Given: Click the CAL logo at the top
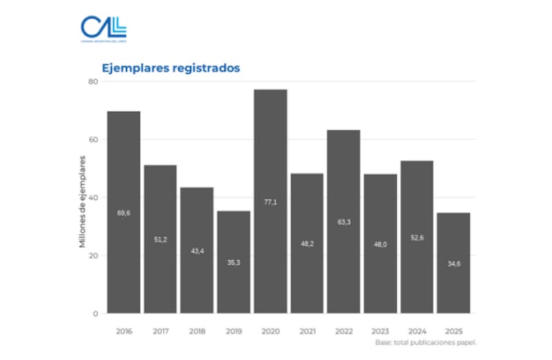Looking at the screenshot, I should coord(103,29).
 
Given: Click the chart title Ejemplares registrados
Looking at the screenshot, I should coord(170,68).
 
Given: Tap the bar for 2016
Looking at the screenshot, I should coord(124,212).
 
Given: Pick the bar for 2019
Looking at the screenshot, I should coord(234,262).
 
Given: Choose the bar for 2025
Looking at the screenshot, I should coord(454,263).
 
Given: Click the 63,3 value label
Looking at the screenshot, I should coord(344,223).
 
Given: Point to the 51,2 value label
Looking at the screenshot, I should coord(160,239).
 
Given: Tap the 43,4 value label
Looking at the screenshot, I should coord(197,251).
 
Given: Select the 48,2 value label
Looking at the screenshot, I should coord(307,243).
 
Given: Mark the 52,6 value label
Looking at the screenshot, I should coord(417,238).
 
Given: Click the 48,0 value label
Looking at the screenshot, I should coord(380,244).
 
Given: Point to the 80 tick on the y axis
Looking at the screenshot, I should coord(94,81).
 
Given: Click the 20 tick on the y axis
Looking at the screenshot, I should coord(94,255).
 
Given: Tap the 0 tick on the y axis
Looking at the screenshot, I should coord(96,314).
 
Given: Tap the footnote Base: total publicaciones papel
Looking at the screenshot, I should coord(426,342).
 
